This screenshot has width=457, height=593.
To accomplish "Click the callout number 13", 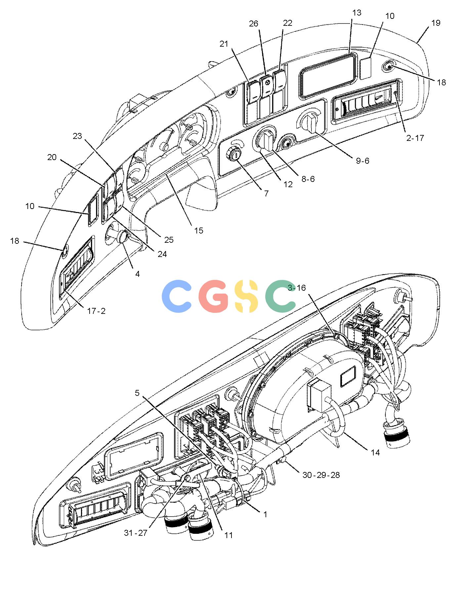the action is pyautogui.click(x=357, y=13).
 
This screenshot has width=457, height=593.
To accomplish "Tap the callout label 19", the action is pyautogui.click(x=436, y=23).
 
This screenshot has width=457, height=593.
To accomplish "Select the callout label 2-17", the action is pyautogui.click(x=415, y=138).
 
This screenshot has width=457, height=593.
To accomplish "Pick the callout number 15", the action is pyautogui.click(x=199, y=231).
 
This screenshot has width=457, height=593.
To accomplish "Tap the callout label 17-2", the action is pyautogui.click(x=96, y=311).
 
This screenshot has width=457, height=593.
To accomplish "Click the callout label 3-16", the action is pyautogui.click(x=297, y=288).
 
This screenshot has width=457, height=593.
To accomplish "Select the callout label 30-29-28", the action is pyautogui.click(x=321, y=475).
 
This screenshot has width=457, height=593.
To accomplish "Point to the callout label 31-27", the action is pyautogui.click(x=136, y=533).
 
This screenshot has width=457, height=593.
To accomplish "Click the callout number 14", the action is pyautogui.click(x=375, y=453).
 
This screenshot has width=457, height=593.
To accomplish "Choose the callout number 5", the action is pyautogui.click(x=137, y=393).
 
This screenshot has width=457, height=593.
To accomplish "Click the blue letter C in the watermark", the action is pyautogui.click(x=177, y=296).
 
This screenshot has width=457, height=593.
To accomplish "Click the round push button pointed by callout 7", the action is pyautogui.click(x=234, y=154).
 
